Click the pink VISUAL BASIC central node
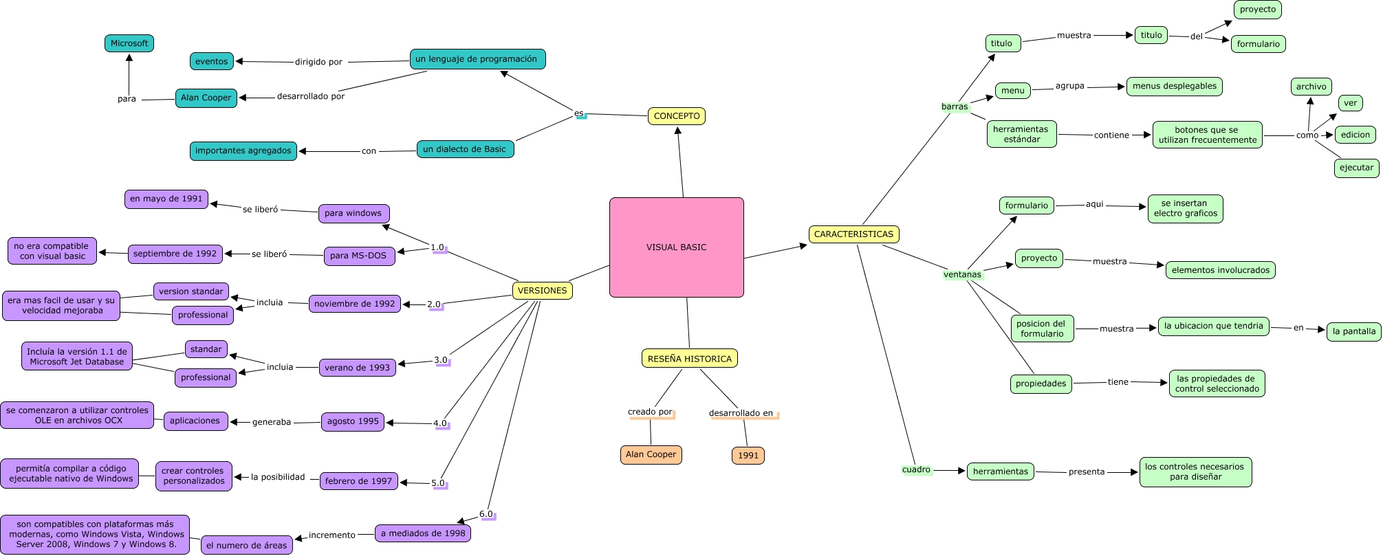[x=676, y=247]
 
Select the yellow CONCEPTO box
[x=677, y=116]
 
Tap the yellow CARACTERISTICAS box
[x=853, y=234]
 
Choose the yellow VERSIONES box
[x=542, y=291]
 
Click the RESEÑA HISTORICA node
[x=689, y=359]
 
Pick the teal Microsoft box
[x=129, y=43]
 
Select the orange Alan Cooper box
[x=651, y=454]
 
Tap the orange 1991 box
[x=748, y=456]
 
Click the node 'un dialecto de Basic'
[x=464, y=149]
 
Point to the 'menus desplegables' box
[x=1174, y=87]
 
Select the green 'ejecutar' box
[x=1356, y=168]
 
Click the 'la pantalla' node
[x=1353, y=331]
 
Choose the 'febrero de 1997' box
[x=358, y=481]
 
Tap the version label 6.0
[x=486, y=514]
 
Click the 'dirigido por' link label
[x=318, y=62]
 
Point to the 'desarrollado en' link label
[x=741, y=413]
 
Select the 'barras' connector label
[x=954, y=107]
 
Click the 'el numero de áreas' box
[x=246, y=546]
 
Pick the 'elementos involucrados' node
[x=1220, y=270]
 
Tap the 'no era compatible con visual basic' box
[x=52, y=251]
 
